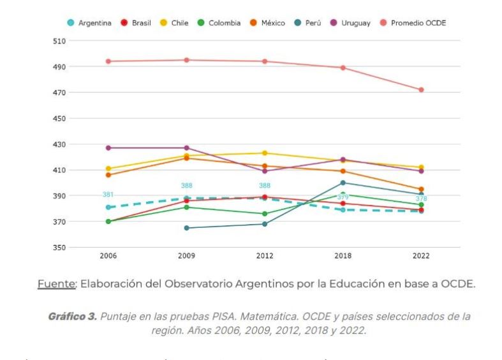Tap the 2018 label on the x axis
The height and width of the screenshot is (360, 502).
coord(343,256)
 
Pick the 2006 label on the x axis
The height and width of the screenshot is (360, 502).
coord(108,256)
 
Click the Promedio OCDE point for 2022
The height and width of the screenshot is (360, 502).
coord(421,90)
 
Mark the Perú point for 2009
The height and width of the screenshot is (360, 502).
coord(186,228)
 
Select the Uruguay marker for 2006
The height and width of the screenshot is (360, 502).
coord(108,148)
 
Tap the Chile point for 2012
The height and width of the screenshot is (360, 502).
coord(265,153)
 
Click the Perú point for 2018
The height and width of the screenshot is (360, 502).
coord(343,183)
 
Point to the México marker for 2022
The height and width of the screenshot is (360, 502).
coord(421,190)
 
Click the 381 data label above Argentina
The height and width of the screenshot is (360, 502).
coord(108,195)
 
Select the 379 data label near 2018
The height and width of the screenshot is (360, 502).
coord(343,197)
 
